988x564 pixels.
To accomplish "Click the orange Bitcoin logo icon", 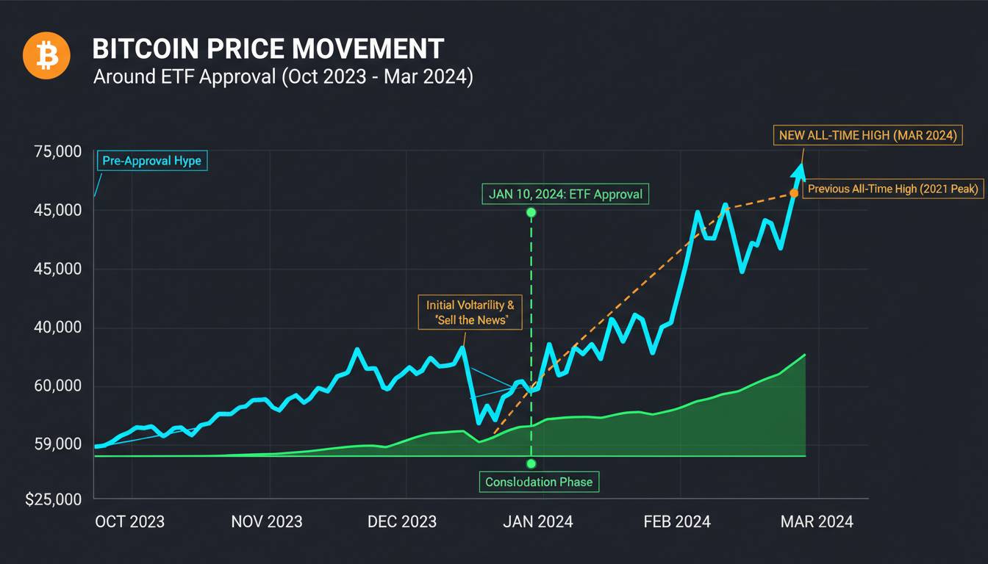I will pyautogui.click(x=46, y=55).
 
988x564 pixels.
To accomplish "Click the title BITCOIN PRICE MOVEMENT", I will pyautogui.click(x=268, y=49).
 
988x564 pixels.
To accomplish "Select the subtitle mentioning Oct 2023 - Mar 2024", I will pyautogui.click(x=283, y=77).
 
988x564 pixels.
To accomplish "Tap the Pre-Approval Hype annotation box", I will pyautogui.click(x=151, y=161).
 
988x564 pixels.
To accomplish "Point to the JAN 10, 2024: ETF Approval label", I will pyautogui.click(x=565, y=195).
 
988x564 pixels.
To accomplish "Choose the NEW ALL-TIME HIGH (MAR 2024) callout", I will pyautogui.click(x=867, y=135).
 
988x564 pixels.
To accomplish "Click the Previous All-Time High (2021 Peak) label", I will pyautogui.click(x=893, y=189).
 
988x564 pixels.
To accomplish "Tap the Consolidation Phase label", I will pyautogui.click(x=539, y=482).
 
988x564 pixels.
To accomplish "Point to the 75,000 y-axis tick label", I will pyautogui.click(x=57, y=152).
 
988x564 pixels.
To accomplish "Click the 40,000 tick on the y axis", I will pyautogui.click(x=57, y=328).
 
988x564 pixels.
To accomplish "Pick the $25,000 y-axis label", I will pyautogui.click(x=53, y=499).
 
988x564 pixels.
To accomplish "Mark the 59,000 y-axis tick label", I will pyautogui.click(x=57, y=444).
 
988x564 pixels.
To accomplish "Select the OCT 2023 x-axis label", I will pyautogui.click(x=130, y=521).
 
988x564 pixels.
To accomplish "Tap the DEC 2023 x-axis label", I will pyautogui.click(x=403, y=521).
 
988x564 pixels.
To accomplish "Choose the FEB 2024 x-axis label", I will pyautogui.click(x=677, y=521).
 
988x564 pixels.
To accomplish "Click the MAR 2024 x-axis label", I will pyautogui.click(x=817, y=521).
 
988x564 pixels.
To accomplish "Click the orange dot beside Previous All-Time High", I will pyautogui.click(x=794, y=193).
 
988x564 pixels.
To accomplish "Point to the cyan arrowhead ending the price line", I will pyautogui.click(x=798, y=171).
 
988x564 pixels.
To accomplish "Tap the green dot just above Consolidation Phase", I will pyautogui.click(x=531, y=463).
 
